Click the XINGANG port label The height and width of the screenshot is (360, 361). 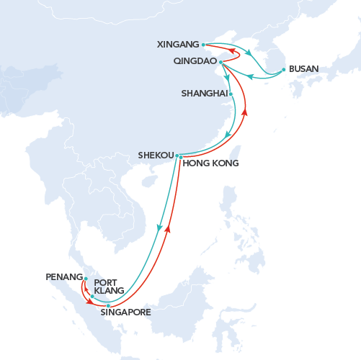coord(178,45)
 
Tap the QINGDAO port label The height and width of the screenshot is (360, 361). coord(195,62)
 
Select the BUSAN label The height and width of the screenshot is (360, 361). coord(303,70)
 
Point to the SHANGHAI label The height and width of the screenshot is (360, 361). coord(204,94)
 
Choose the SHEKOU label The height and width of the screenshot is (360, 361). coord(156,155)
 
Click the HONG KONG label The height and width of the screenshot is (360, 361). coord(210,163)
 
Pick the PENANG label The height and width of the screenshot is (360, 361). coord(63,276)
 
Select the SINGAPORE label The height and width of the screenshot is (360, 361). coord(125,312)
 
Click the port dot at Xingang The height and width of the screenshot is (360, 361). coord(204,44)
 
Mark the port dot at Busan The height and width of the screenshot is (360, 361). coord(283,69)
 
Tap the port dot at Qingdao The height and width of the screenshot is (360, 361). coord(220,62)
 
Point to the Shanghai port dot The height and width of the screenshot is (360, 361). coord(231,94)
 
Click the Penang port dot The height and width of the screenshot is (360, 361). coord(86,279)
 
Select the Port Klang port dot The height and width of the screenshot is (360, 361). coord(92,296)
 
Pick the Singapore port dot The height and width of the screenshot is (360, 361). coord(108,306)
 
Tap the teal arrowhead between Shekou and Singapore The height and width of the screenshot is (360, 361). coord(159,228)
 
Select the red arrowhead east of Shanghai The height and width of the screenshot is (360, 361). coord(245,112)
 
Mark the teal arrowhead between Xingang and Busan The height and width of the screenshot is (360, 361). coord(249,53)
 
